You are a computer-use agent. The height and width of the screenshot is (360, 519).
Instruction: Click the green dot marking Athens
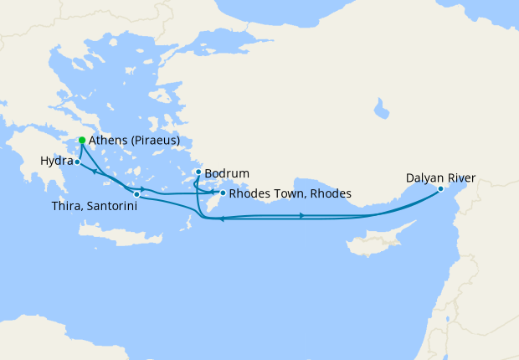click(x=81, y=140)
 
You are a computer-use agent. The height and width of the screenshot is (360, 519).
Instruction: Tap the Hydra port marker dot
click(x=77, y=162)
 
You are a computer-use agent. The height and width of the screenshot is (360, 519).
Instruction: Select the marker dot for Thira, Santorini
click(x=136, y=194)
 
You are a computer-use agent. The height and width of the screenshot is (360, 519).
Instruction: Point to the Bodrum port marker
click(x=198, y=172)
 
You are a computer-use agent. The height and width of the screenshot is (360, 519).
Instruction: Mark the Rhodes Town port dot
click(x=222, y=193)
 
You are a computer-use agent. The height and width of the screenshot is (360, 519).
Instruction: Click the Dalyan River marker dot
click(x=440, y=189)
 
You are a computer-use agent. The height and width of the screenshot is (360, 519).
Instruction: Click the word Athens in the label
click(x=107, y=141)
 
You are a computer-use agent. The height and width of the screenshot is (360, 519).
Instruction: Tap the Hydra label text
click(x=55, y=160)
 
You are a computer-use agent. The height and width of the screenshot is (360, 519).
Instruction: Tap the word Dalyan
click(x=425, y=177)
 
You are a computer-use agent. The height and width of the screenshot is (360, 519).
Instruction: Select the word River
click(x=461, y=177)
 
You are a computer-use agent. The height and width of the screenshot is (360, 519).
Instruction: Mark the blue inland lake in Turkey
click(x=382, y=108)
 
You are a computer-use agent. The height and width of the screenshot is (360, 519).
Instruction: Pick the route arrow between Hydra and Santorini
click(x=97, y=172)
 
